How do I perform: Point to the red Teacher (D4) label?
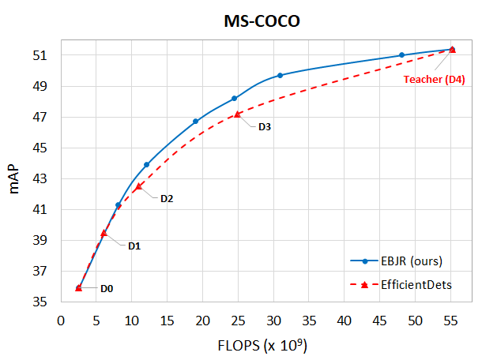point(433,80)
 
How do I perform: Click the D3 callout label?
point(265,127)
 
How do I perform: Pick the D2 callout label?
point(167,198)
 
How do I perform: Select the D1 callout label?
point(134,246)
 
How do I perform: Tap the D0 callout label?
point(106,288)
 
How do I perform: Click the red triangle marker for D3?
point(237,114)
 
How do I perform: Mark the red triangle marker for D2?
point(137,186)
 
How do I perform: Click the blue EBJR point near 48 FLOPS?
point(401,54)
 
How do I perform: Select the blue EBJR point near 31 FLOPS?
point(281,75)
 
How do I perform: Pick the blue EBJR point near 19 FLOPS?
point(195,121)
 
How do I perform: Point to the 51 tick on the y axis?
point(46,55)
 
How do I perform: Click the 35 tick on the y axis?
point(46,302)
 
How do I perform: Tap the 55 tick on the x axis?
point(451,320)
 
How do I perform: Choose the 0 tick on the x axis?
point(61,320)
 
